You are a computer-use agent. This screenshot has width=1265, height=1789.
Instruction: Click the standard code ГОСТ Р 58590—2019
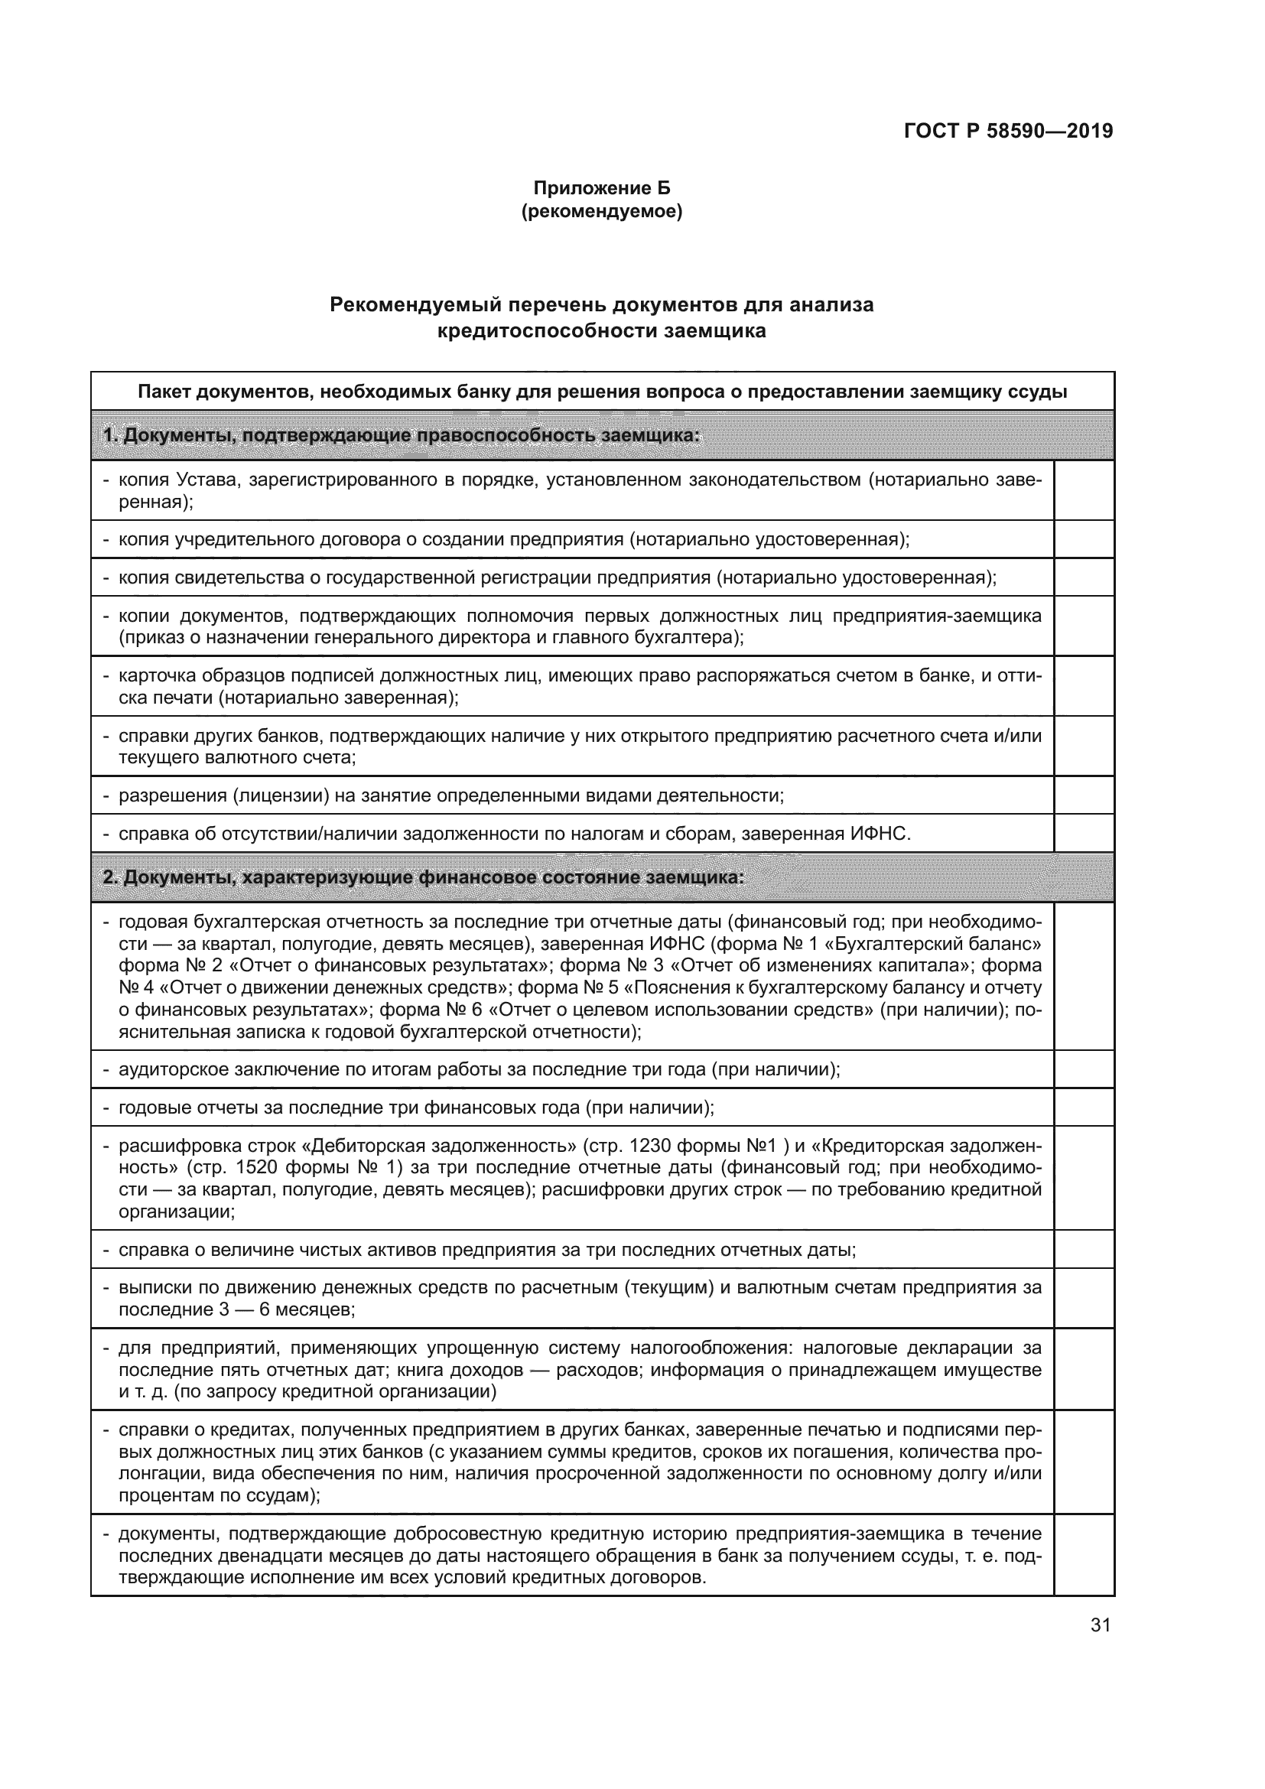[x=1008, y=131]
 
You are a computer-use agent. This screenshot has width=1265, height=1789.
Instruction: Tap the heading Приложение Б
[x=601, y=188]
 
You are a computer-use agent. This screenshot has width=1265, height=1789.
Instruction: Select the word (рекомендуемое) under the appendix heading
[x=601, y=211]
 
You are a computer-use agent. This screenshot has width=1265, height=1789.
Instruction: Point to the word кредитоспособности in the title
[x=548, y=331]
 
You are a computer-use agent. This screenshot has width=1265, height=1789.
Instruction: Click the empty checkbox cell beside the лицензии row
[x=1084, y=795]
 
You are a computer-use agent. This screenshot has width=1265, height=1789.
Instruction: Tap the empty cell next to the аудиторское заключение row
[x=1084, y=1069]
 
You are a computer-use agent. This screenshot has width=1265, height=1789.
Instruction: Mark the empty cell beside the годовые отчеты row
[x=1084, y=1108]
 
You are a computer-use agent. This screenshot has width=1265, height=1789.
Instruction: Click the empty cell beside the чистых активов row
[x=1084, y=1250]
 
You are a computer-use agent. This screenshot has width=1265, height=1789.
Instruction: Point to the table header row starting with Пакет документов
[x=601, y=391]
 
